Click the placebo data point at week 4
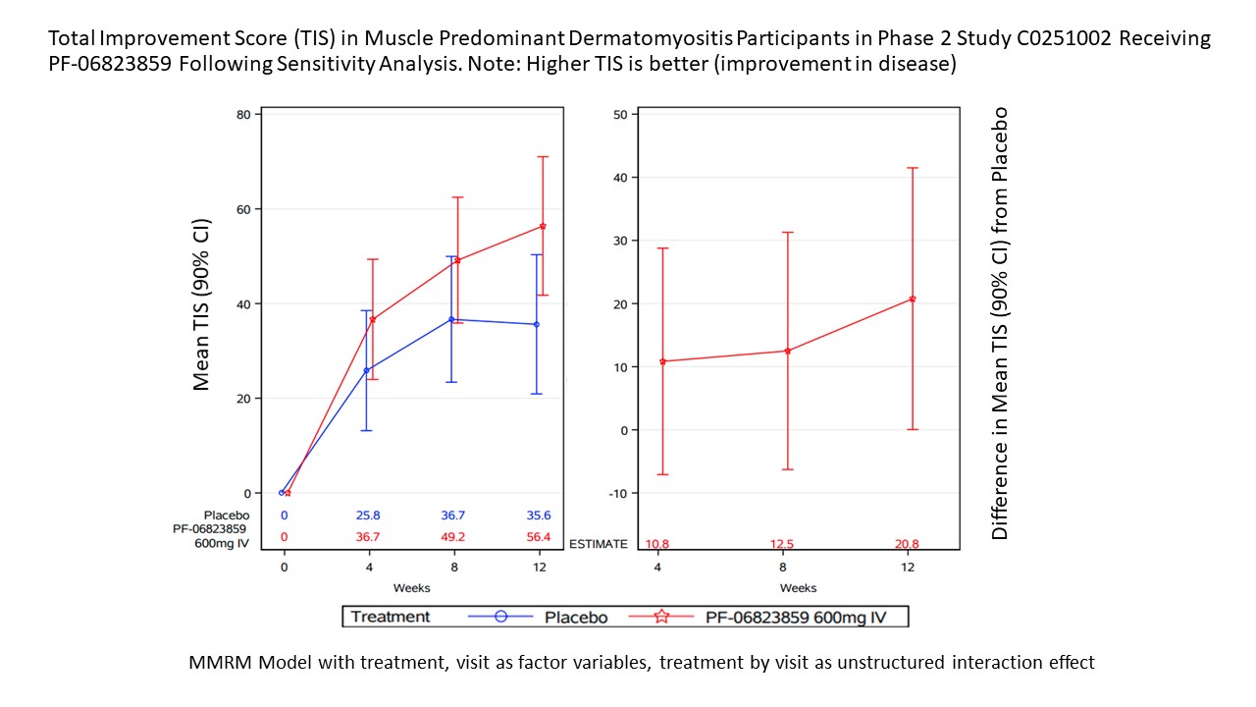tap(367, 370)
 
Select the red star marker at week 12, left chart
tap(543, 227)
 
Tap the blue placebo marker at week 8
tap(451, 319)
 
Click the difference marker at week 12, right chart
tap(913, 299)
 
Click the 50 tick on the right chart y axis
tap(619, 114)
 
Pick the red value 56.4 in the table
tap(538, 537)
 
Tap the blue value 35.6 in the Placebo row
tap(538, 516)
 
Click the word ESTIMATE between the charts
tap(598, 544)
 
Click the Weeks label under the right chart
tap(798, 588)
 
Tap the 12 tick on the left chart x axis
tap(539, 569)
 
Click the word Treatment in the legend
tap(391, 617)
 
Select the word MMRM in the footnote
tap(216, 663)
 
